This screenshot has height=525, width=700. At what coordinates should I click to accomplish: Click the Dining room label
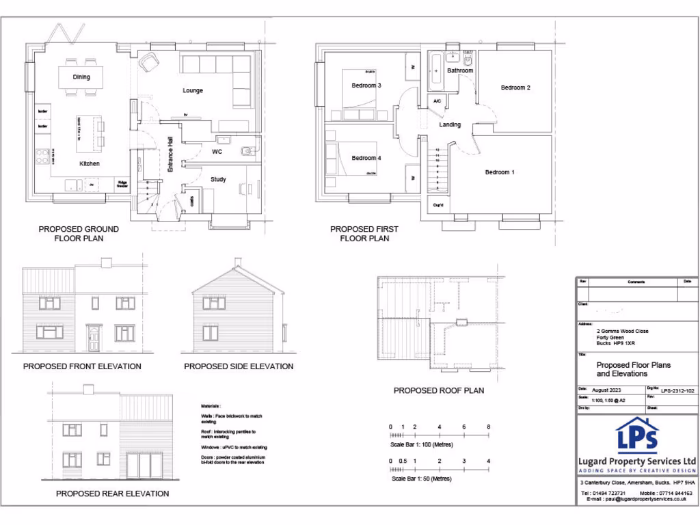click(x=81, y=77)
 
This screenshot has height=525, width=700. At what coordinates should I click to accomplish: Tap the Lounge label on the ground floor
click(x=193, y=90)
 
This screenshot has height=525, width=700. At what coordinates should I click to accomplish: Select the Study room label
click(x=218, y=180)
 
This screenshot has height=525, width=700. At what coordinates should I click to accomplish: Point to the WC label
click(x=217, y=151)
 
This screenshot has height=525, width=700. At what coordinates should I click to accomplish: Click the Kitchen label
click(x=89, y=164)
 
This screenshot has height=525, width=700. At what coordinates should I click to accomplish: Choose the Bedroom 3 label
click(x=366, y=85)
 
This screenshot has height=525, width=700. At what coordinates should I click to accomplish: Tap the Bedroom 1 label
click(x=499, y=172)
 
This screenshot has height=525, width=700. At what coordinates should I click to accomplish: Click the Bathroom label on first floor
click(x=460, y=70)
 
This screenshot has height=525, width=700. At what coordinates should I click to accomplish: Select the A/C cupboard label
click(x=437, y=101)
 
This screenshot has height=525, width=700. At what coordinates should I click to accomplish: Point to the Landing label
click(x=450, y=124)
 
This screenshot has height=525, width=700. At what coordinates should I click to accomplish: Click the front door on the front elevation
click(x=93, y=338)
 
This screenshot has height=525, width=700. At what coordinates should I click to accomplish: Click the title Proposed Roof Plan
click(x=438, y=390)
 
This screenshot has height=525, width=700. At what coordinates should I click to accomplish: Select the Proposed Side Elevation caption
click(x=239, y=366)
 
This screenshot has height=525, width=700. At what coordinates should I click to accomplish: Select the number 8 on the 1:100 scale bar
click(x=488, y=427)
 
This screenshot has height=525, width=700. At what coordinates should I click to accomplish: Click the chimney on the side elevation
click(x=238, y=262)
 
